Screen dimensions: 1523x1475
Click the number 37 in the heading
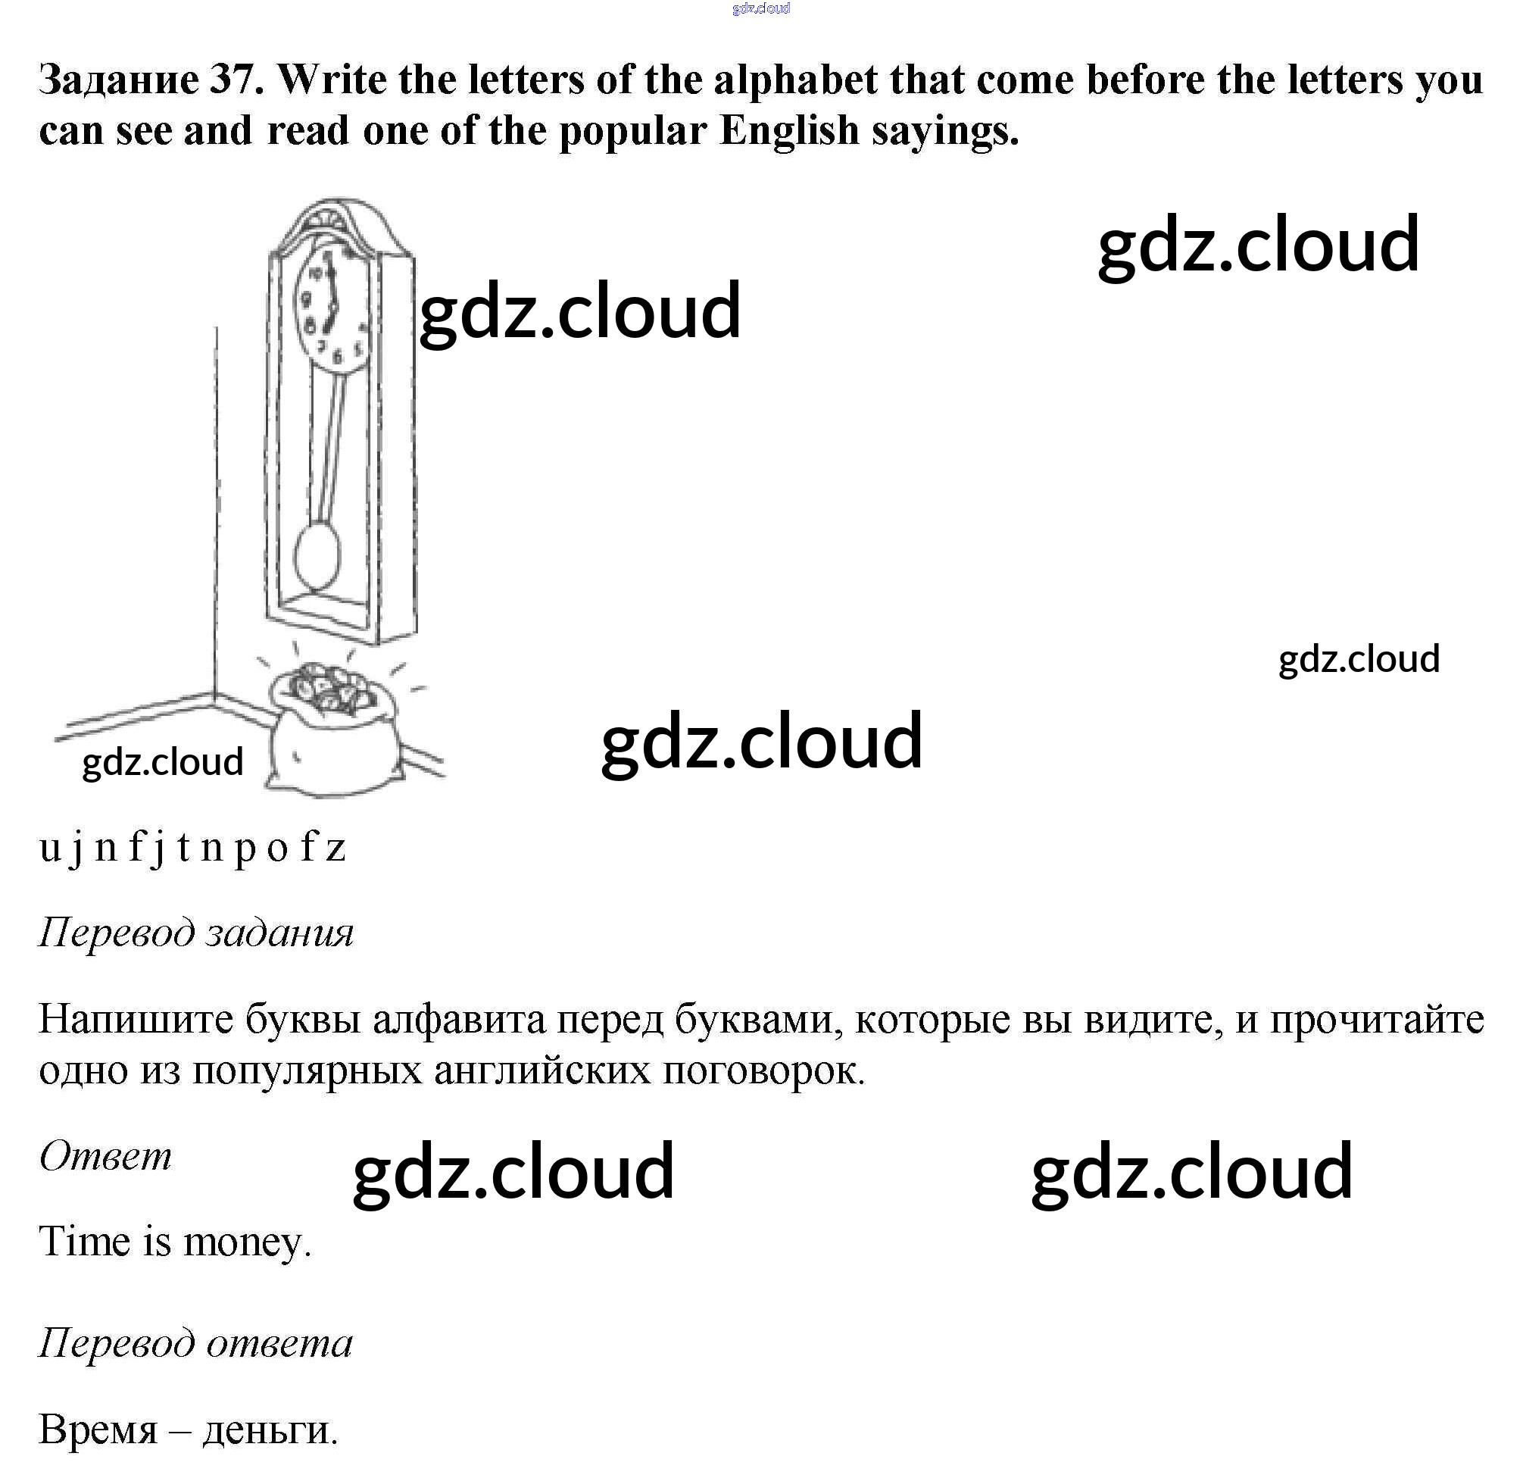click(233, 80)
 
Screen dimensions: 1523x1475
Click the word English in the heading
click(788, 130)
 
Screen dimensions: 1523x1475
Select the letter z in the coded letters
click(335, 847)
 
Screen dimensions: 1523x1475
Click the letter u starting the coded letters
click(49, 847)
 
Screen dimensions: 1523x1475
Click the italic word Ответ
click(105, 1156)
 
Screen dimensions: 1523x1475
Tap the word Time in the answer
click(84, 1241)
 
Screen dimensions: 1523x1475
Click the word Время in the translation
click(98, 1429)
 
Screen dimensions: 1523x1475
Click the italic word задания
click(279, 932)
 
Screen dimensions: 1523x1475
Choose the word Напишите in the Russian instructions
click(136, 1019)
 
